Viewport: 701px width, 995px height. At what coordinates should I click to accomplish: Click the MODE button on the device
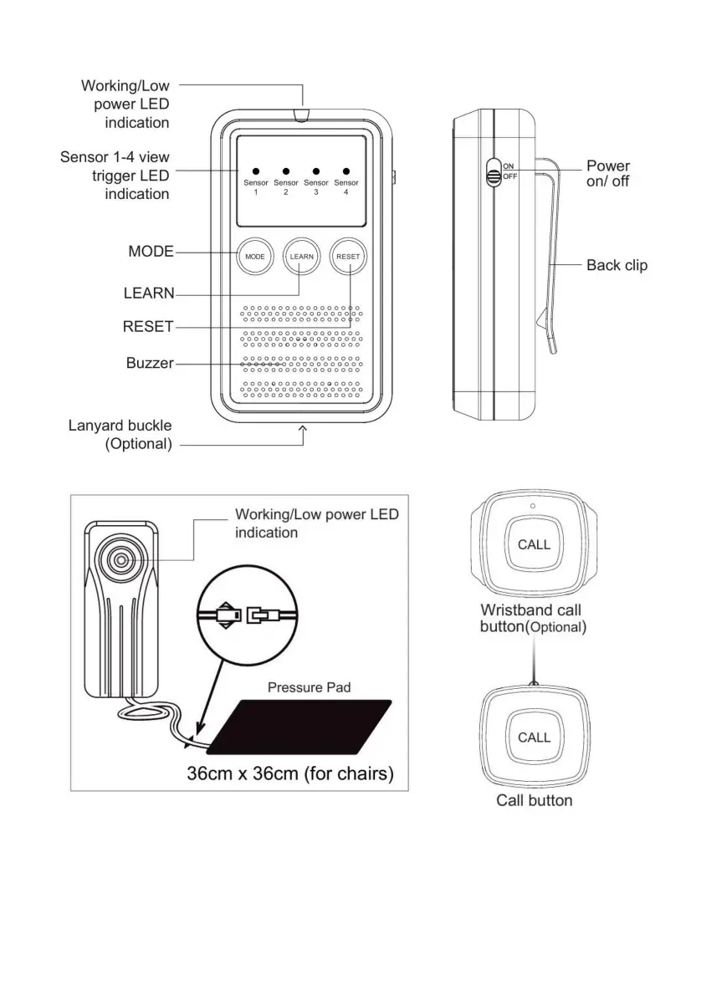click(255, 256)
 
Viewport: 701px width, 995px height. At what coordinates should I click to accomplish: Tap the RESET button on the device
click(348, 256)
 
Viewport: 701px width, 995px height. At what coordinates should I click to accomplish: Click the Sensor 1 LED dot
click(256, 171)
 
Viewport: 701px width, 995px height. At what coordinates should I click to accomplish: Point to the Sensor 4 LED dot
click(345, 171)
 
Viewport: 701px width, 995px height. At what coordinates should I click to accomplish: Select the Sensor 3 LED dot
click(316, 171)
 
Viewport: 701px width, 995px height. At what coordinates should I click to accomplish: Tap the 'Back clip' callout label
click(616, 265)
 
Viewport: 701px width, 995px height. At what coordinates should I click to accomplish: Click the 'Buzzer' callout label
click(150, 364)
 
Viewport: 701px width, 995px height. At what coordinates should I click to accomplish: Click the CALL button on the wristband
click(534, 544)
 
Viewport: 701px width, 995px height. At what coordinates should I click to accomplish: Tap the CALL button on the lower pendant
click(534, 737)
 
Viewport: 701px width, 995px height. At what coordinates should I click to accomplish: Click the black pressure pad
click(299, 726)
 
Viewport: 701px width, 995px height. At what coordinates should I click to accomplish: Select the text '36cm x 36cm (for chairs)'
click(290, 773)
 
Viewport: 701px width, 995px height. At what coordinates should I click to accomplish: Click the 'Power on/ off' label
click(608, 173)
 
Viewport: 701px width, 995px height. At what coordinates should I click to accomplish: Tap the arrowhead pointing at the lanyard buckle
click(303, 429)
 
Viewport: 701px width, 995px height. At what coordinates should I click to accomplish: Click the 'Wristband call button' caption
click(532, 618)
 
